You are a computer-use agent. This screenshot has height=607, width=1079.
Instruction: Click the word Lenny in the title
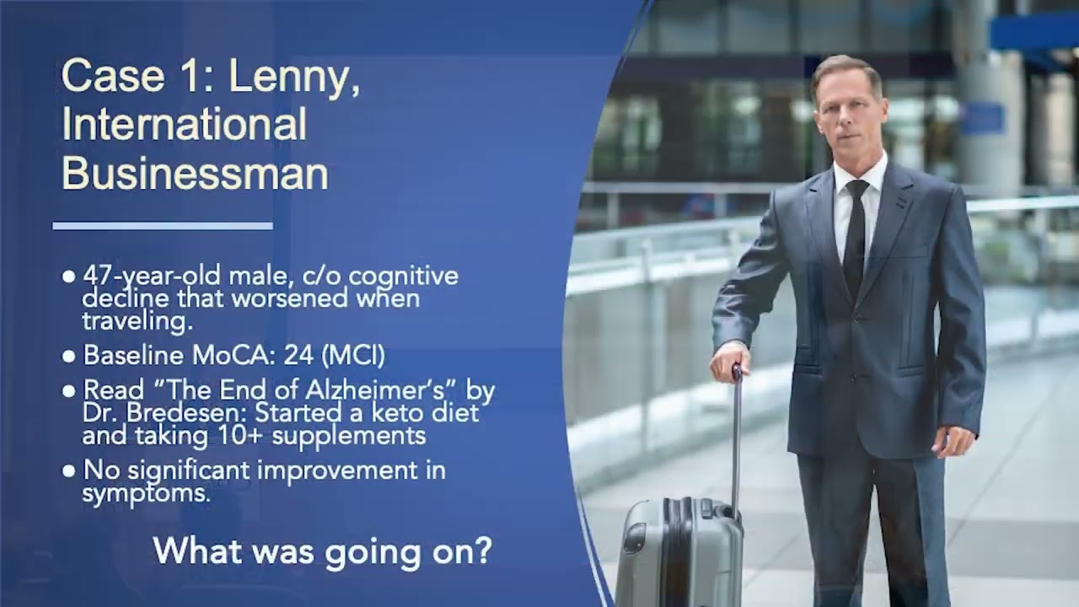tap(293, 77)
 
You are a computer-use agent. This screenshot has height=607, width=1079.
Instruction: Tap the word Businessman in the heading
tap(195, 174)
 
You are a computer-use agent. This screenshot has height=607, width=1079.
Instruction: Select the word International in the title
tap(184, 125)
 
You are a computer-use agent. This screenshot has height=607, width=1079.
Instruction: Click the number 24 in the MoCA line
tap(298, 355)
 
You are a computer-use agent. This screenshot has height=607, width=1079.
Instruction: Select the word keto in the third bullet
tap(386, 413)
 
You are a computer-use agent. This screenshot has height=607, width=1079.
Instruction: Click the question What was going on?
tap(322, 551)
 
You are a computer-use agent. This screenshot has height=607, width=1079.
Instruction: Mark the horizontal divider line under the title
tap(163, 226)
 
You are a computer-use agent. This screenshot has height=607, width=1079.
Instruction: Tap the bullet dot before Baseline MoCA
tap(69, 356)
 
